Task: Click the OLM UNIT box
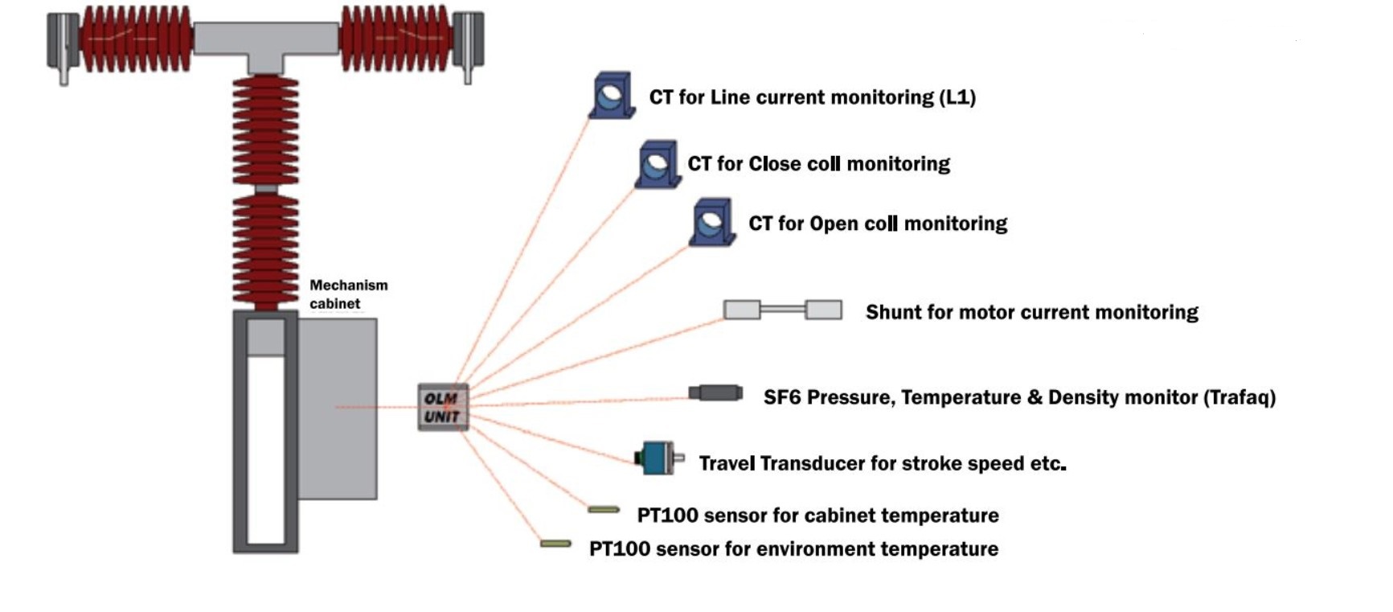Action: coord(442,407)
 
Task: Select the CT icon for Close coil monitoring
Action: coord(658,164)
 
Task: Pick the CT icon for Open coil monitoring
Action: coord(712,222)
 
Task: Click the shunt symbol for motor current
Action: coord(782,310)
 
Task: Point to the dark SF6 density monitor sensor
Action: coord(715,393)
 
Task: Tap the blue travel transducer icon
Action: coord(658,458)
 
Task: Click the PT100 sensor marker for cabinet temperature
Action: coord(603,509)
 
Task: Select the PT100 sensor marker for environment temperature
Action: coord(555,544)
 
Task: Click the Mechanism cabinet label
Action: coord(348,294)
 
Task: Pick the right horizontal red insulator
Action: coord(395,39)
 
